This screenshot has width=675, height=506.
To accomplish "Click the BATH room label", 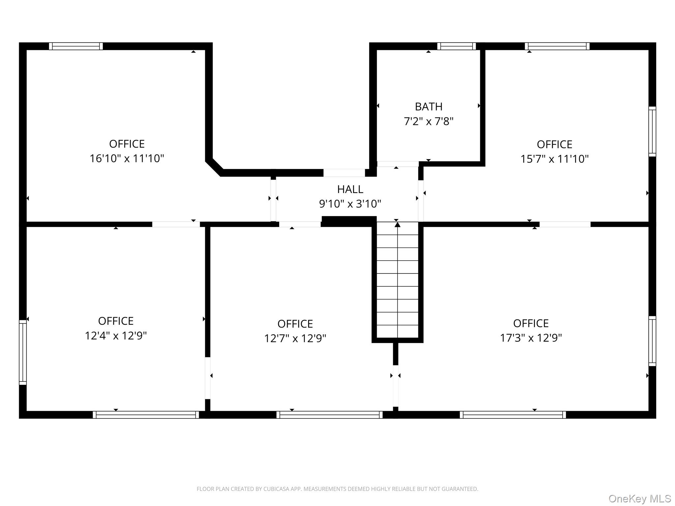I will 428,106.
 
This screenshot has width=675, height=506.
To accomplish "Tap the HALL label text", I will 350,189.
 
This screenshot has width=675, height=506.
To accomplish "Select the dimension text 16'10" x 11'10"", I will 127,158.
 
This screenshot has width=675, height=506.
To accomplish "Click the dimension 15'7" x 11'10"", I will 554,159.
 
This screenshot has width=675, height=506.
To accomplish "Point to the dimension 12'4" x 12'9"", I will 116,336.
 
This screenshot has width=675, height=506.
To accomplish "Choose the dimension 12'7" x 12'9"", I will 295,338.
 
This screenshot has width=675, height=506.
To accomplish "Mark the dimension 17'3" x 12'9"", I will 531,338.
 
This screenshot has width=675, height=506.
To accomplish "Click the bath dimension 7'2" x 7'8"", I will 428,122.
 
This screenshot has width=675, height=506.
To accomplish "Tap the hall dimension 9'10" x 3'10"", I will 350,204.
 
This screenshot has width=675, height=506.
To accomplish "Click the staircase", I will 397,280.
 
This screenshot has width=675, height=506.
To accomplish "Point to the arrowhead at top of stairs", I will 397,225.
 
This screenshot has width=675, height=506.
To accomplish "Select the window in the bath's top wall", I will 456,46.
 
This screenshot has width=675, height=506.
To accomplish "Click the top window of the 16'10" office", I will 76,46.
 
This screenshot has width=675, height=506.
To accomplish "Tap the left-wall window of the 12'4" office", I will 23,352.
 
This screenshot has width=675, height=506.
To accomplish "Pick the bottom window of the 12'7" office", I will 329,415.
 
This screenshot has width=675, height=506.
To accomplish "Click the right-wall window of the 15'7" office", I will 652,131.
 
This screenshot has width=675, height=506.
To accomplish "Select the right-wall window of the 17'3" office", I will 652,341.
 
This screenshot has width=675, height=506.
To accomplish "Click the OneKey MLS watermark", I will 639,499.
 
